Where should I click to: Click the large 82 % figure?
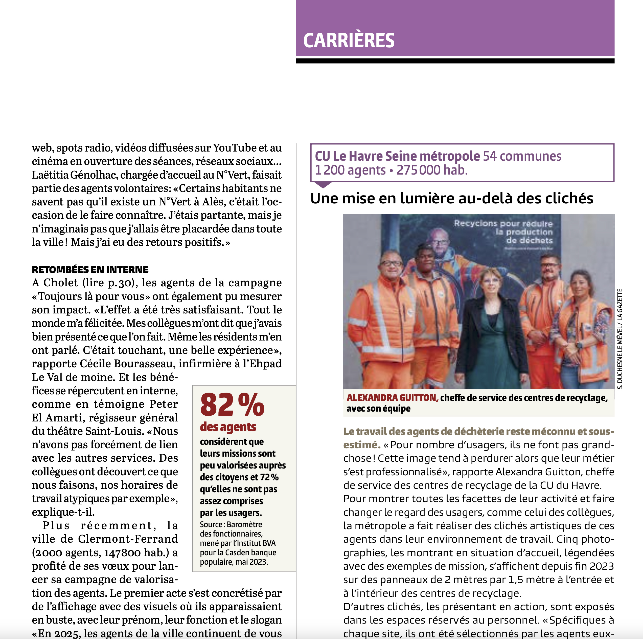(x=232, y=405)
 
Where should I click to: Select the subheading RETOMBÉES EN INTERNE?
(x=90, y=269)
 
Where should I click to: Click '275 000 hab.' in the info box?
(x=432, y=170)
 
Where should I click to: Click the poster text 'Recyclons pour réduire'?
(x=503, y=224)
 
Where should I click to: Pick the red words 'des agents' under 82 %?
(x=228, y=427)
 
